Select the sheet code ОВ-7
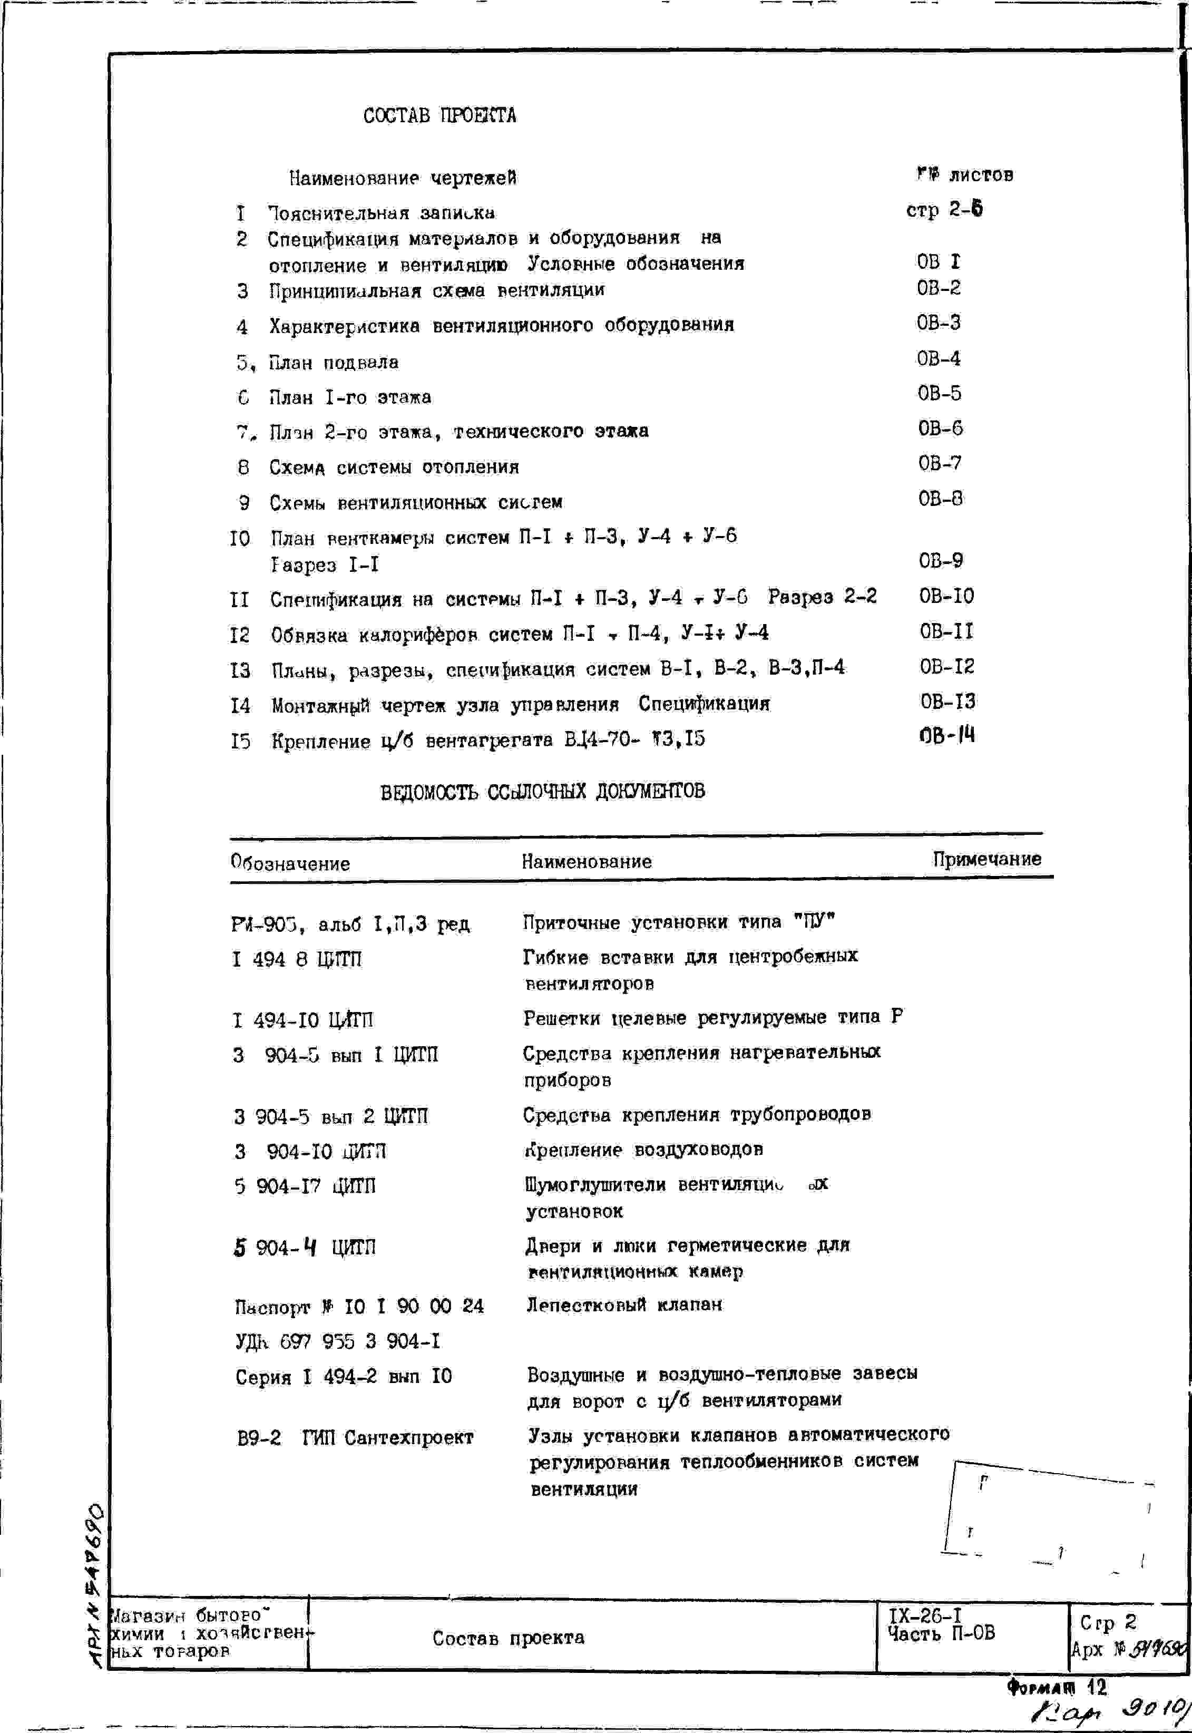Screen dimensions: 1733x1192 click(940, 464)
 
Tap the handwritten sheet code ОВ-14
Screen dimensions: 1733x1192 click(947, 736)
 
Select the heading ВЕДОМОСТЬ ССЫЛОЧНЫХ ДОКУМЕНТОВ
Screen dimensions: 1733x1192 click(542, 792)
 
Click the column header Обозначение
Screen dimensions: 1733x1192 click(290, 863)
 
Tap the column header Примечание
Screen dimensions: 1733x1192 click(986, 860)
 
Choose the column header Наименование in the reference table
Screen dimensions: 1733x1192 click(587, 862)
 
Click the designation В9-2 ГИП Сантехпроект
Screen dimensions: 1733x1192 click(355, 1438)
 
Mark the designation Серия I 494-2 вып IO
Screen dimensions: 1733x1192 click(344, 1377)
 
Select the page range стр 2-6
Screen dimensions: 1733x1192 click(944, 210)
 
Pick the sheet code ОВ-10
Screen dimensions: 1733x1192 click(946, 596)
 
